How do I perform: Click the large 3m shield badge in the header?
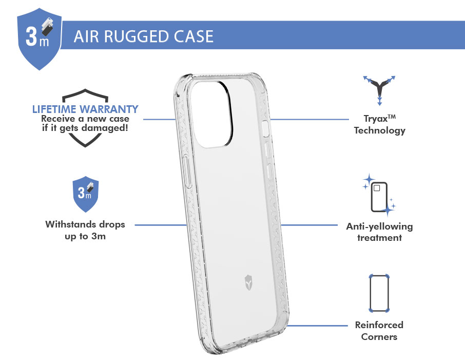coord(39,39)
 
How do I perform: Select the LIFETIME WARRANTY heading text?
coord(85,109)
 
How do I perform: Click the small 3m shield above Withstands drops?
coord(85,195)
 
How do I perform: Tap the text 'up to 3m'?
coord(85,237)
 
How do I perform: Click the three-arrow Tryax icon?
coord(380,88)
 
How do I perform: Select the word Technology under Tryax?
coord(380,130)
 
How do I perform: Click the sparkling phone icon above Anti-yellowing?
coord(379,196)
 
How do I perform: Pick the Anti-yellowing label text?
coord(379,226)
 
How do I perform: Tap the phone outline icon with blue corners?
coord(379,294)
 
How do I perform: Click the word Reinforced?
coord(379,325)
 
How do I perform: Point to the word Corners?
coord(379,337)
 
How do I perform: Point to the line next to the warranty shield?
coord(159,119)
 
